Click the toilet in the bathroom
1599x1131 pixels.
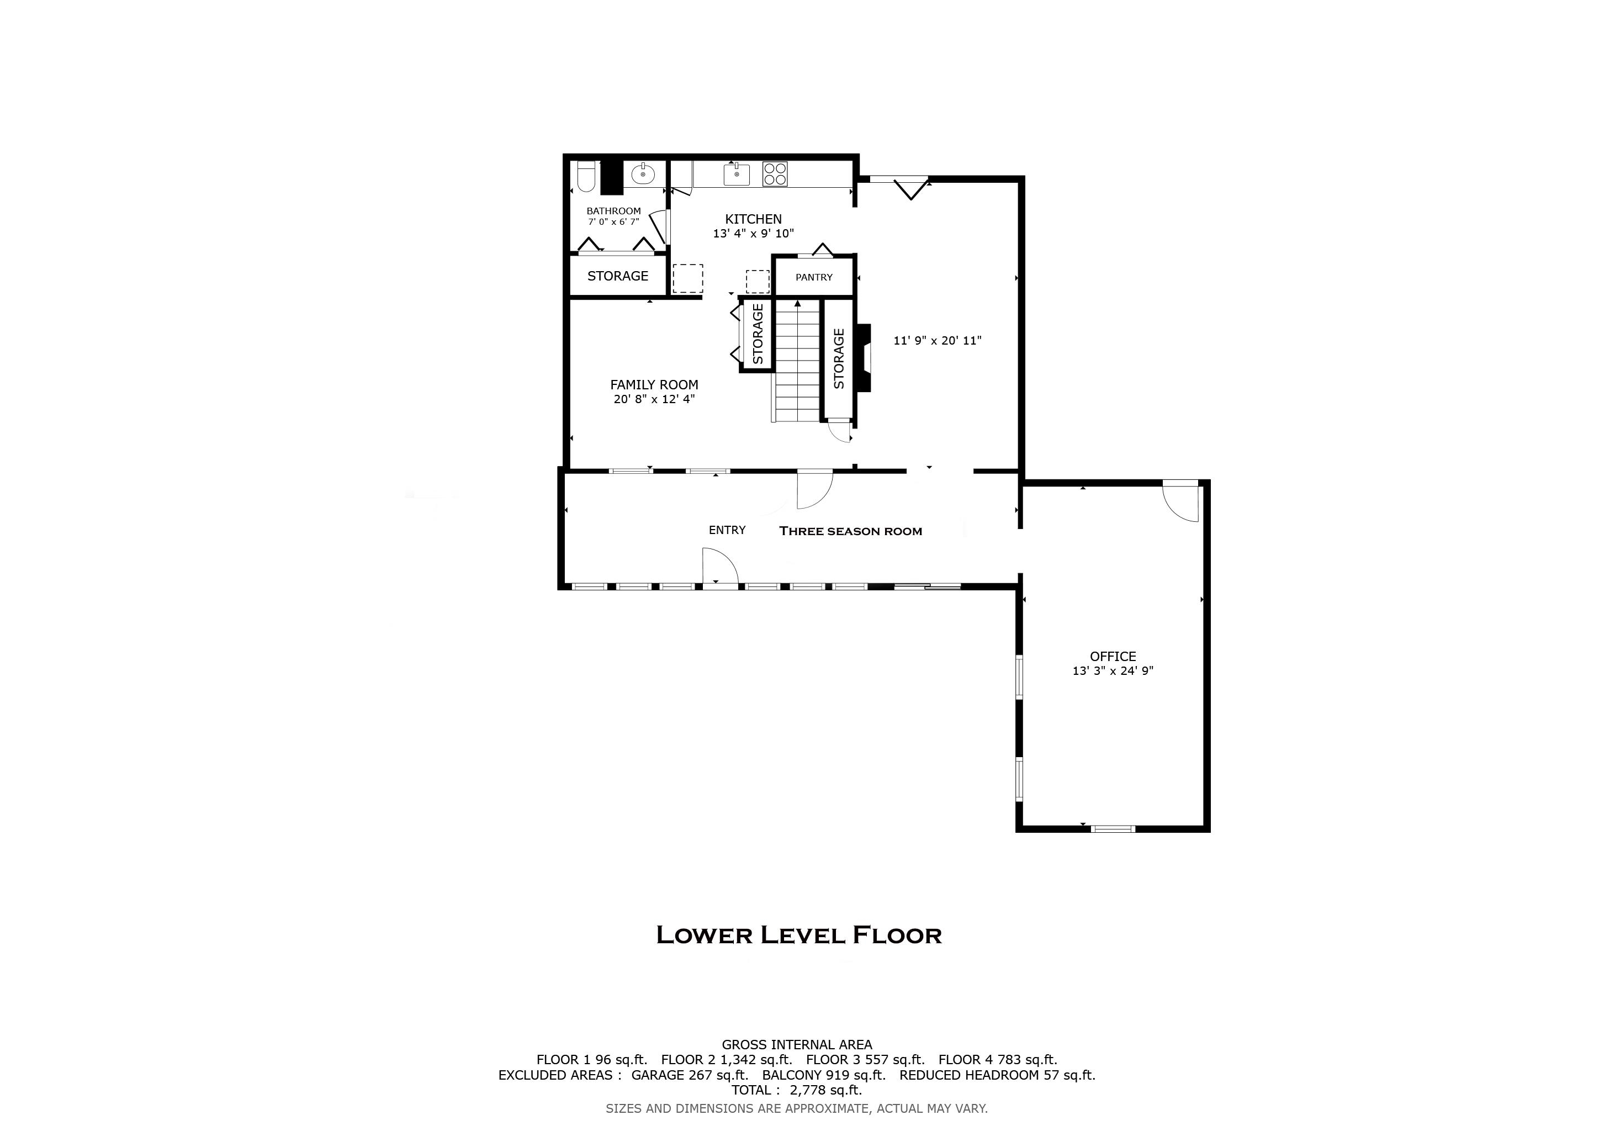tap(586, 178)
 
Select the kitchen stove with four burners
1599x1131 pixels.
tap(775, 173)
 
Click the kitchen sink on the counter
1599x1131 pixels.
tap(736, 174)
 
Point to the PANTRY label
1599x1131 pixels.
tap(813, 277)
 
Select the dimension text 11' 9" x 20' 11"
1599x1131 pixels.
tap(938, 341)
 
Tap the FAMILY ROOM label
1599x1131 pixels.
tap(654, 384)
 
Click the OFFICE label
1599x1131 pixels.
tap(1112, 656)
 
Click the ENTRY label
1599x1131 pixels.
tap(727, 530)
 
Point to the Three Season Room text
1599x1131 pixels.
tap(850, 531)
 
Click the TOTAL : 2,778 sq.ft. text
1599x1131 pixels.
tap(796, 1090)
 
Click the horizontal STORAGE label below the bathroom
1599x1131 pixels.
tap(618, 276)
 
